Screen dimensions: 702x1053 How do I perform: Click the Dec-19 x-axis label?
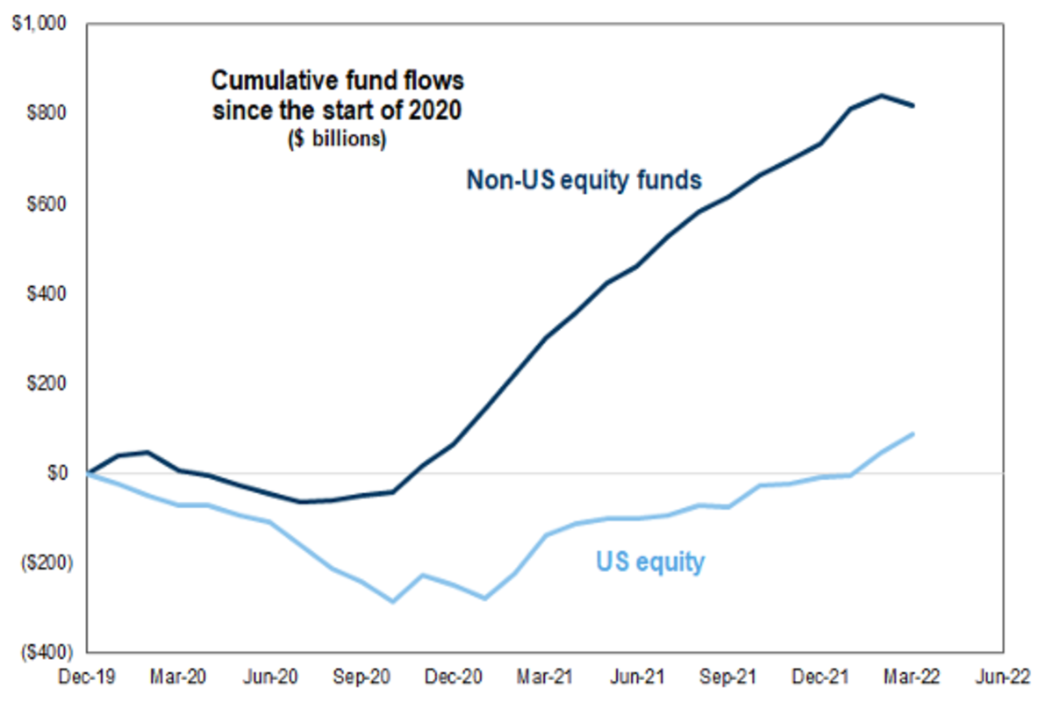click(88, 677)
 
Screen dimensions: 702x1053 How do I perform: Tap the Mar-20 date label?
click(180, 677)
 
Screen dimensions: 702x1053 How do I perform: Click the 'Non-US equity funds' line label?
click(584, 180)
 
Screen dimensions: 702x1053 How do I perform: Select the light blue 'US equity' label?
click(650, 561)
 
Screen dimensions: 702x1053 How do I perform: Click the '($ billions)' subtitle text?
click(337, 140)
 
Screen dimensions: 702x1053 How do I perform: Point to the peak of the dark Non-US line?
click(881, 96)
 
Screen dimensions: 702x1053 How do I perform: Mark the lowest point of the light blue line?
click(393, 602)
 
